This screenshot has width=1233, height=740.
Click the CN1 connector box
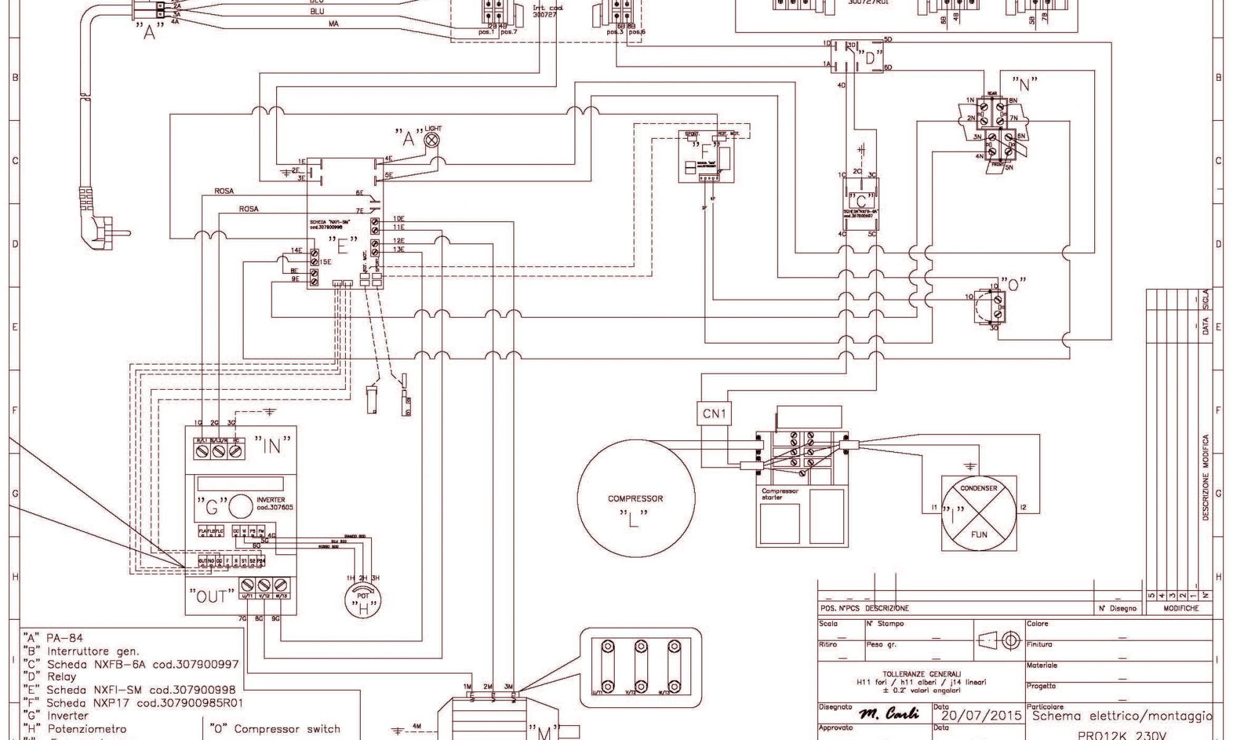714,414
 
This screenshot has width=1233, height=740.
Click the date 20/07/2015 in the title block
981,716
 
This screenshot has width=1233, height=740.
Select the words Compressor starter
780,495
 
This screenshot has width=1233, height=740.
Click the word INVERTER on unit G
270,500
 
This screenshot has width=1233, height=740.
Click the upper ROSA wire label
224,191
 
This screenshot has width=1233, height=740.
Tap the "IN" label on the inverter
271,445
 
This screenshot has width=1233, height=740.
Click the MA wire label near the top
334,23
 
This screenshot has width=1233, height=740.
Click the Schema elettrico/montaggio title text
1121,716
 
